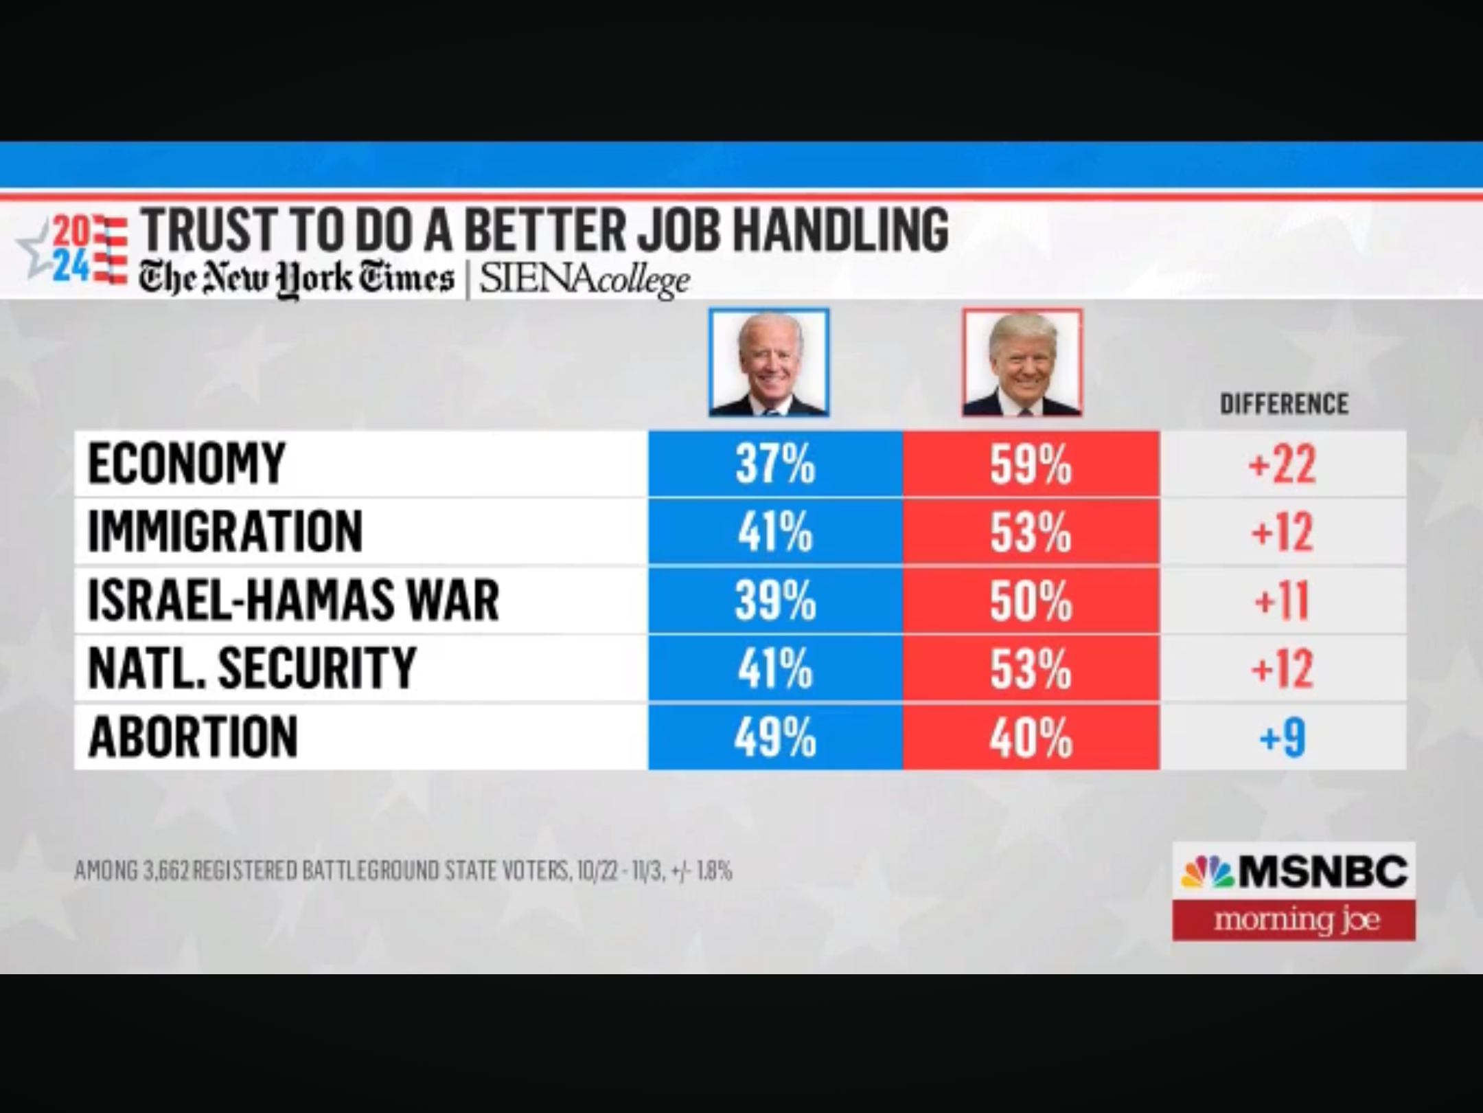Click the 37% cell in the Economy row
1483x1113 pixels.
tap(775, 464)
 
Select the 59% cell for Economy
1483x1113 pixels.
tap(1031, 464)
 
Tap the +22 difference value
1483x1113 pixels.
tap(1282, 464)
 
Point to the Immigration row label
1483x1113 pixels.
tap(225, 532)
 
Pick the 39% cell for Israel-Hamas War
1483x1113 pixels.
tap(775, 600)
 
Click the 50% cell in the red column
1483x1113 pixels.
tap(1031, 600)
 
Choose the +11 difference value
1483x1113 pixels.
tap(1282, 600)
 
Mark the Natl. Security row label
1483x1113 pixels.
tap(252, 668)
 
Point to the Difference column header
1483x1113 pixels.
tap(1284, 403)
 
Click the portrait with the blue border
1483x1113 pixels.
tap(769, 363)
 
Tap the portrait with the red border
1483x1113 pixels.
tap(1022, 363)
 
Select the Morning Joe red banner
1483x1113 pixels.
tap(1294, 919)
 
